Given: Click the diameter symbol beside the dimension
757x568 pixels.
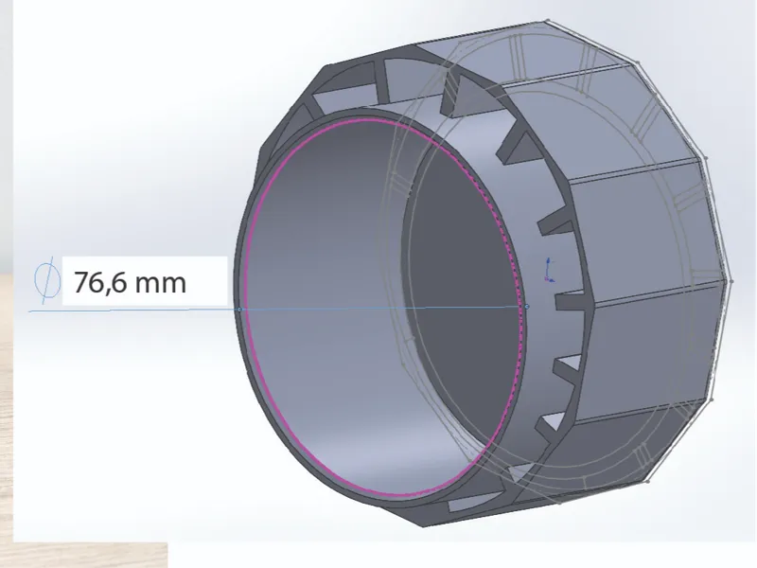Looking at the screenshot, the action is (x=47, y=280).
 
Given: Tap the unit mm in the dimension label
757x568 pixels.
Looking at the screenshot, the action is (x=160, y=283).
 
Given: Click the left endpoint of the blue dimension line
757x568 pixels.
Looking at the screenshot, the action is (x=240, y=310).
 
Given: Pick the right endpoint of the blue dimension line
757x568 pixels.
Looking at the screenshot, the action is (x=527, y=306).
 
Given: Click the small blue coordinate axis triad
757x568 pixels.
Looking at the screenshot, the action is (x=549, y=270).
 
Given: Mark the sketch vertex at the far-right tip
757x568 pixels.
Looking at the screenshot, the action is (x=731, y=280).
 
